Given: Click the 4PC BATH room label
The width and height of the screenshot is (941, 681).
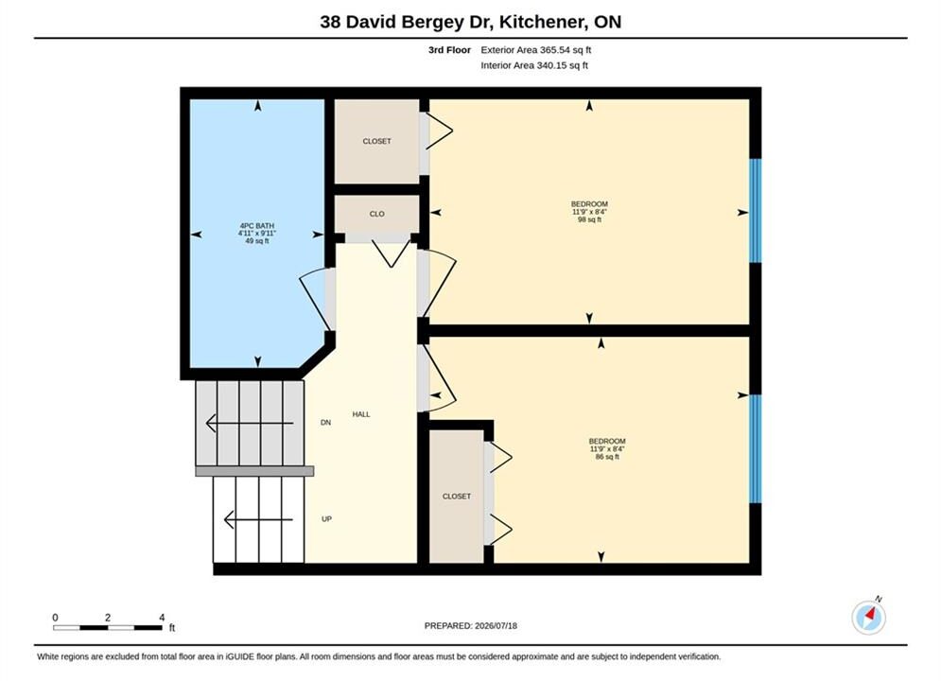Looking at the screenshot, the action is tap(257, 226).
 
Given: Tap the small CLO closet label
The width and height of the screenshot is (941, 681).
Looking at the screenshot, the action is tap(377, 214).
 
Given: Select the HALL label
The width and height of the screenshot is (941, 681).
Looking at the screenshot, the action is tap(361, 414).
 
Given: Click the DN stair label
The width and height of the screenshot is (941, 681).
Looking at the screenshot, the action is tap(326, 423).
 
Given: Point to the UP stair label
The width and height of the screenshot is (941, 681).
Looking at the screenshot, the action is tap(326, 519).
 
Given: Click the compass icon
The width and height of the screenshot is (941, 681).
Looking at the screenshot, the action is tap(868, 617).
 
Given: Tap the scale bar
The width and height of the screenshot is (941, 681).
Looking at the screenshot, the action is tap(108, 628).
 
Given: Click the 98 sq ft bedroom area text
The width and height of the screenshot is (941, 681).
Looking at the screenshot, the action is tap(589, 219).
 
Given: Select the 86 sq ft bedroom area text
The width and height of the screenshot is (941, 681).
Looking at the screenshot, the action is tap(607, 457).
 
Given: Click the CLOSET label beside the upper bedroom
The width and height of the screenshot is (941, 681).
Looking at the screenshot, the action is tap(377, 141).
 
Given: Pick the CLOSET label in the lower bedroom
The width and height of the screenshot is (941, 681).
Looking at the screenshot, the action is tap(457, 497).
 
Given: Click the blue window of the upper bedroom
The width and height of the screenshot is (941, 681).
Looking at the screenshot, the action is tap(756, 211).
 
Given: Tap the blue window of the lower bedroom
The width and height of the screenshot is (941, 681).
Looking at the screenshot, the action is tap(756, 449).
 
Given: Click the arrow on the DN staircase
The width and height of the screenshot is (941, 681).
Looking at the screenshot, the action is tap(250, 423).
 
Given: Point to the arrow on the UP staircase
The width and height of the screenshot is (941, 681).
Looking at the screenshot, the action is tap(258, 519).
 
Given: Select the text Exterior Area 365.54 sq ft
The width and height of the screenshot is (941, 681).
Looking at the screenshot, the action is tap(536, 50).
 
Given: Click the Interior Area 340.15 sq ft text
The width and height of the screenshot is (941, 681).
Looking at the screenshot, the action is tap(534, 65).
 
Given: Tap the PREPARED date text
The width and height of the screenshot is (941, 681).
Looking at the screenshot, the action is tap(471, 625).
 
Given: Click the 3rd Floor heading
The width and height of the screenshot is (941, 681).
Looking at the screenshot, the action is tap(449, 50).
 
